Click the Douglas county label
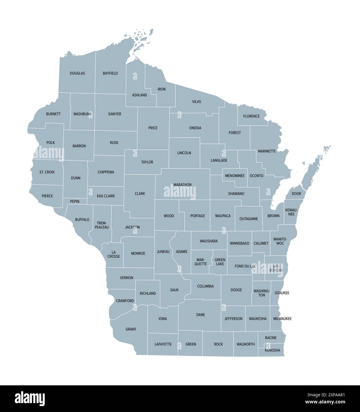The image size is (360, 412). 77,73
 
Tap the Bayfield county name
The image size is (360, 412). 110,73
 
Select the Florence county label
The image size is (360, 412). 251,116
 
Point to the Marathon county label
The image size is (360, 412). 183,185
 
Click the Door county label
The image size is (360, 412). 296,194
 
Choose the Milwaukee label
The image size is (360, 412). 282,319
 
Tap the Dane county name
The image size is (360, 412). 201,315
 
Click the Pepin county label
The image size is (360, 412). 75,202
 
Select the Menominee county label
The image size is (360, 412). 235,176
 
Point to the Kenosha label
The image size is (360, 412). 272,350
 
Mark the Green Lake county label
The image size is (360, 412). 220,262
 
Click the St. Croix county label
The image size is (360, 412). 47,172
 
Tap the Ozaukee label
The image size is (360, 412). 282,293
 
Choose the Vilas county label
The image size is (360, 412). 196,102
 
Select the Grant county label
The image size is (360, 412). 131,329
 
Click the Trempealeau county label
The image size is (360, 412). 102,225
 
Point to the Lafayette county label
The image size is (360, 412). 163,344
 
